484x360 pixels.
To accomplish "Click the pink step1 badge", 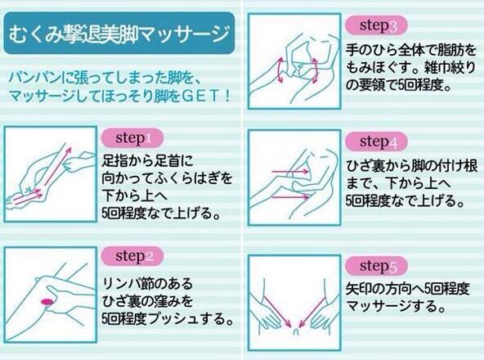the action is (132, 137).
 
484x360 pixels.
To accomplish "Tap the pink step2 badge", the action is (132, 256).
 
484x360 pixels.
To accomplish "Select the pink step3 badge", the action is (376, 25).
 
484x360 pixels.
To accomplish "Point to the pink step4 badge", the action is (376, 142).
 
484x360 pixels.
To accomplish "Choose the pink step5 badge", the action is (376, 266).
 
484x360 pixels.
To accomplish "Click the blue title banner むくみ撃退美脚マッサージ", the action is (119, 33).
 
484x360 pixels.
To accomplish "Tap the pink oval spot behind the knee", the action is (47, 301).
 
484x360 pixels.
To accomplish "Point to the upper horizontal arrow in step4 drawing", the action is (290, 171).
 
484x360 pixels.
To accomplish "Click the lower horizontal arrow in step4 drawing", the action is (290, 196).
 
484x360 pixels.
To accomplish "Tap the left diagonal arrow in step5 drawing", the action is (277, 312).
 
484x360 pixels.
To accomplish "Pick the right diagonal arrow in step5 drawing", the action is (312, 312).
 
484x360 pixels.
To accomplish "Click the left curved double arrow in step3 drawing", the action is (280, 70).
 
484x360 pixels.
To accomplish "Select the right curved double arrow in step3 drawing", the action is (315, 70).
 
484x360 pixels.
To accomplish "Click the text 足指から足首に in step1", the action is (147, 160).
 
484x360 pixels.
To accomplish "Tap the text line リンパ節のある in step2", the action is (147, 283).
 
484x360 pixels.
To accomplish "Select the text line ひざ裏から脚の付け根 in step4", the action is (412, 166).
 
